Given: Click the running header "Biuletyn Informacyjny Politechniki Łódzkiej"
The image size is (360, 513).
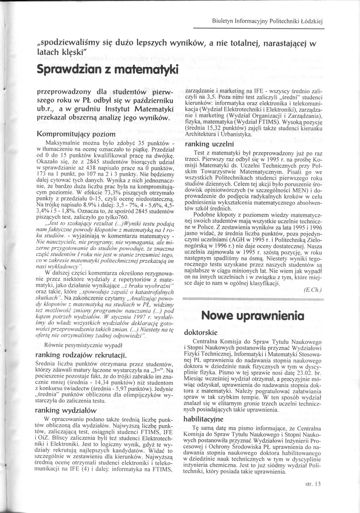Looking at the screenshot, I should [x=268, y=22].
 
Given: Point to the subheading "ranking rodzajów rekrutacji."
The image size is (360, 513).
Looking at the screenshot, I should [x=81, y=354].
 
